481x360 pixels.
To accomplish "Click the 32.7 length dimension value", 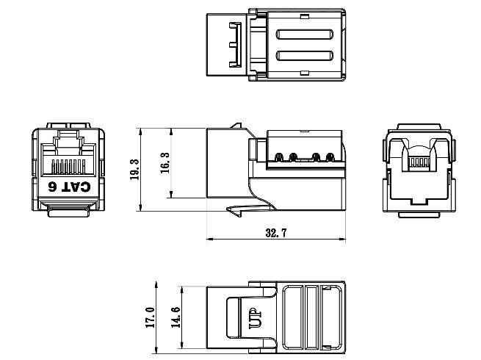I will (x=276, y=232).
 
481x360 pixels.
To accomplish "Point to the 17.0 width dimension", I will (x=151, y=317).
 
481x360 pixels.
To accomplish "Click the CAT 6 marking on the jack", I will (x=69, y=187).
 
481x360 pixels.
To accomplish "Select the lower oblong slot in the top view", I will (x=306, y=56).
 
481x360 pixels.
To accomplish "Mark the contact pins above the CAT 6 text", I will (x=68, y=163).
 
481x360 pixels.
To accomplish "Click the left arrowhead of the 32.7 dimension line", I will (x=211, y=240).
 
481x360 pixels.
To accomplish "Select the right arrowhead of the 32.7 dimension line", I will (x=341, y=240).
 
